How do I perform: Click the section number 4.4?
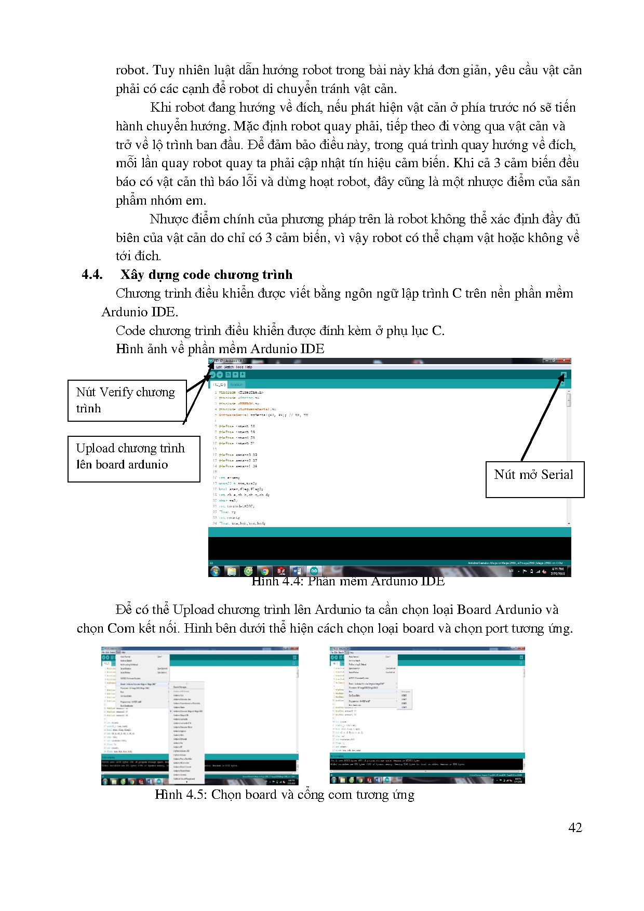point(92,275)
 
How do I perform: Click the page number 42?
point(575,827)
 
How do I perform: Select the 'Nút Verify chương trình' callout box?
point(127,400)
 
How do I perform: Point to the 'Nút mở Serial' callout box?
point(534,479)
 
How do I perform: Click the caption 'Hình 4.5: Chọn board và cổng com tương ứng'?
point(284,795)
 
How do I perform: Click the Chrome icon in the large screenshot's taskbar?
point(264,571)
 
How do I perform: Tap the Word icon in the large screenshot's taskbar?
point(297,571)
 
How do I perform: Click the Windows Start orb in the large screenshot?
point(215,571)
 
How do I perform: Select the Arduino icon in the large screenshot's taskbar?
point(314,571)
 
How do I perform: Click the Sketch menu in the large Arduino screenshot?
point(229,367)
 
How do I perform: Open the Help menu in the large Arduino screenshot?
point(249,367)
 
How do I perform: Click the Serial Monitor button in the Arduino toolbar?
point(563,374)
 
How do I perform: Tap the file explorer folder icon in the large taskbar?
point(232,571)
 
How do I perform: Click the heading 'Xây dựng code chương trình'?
point(206,275)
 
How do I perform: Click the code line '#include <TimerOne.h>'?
point(240,393)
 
